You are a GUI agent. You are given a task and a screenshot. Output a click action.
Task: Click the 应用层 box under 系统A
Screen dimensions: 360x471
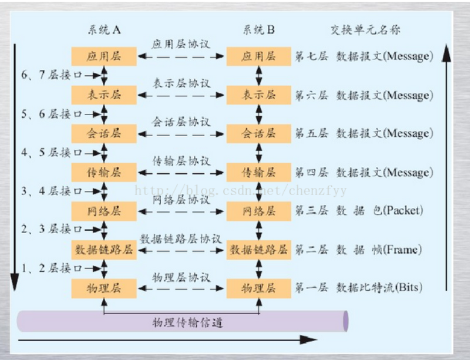103,56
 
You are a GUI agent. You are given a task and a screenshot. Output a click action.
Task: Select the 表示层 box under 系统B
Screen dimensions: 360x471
258,95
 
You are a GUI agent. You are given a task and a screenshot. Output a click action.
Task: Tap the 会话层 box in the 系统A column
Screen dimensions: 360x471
103,133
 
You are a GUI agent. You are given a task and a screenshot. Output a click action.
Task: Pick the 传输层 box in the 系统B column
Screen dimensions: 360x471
258,172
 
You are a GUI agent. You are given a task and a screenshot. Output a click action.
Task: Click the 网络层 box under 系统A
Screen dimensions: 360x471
103,211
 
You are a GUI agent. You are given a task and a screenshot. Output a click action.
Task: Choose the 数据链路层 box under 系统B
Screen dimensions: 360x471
258,250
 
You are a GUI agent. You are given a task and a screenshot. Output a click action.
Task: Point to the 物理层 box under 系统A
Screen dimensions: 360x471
103,288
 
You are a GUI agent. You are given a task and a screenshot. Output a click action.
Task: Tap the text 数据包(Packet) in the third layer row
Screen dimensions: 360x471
379,211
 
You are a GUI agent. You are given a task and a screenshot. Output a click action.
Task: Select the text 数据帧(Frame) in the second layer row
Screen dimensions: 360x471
379,250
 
